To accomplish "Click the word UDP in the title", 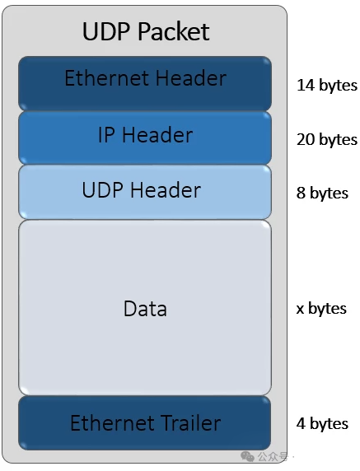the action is pyautogui.click(x=106, y=31).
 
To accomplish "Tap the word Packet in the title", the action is pyautogui.click(x=174, y=31).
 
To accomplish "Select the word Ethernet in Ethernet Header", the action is pyautogui.click(x=106, y=78).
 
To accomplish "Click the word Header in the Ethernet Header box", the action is pyautogui.click(x=191, y=78).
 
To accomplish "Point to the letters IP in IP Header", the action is pyautogui.click(x=106, y=134).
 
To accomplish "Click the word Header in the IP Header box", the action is pyautogui.click(x=157, y=134).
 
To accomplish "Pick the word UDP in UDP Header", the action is pyautogui.click(x=102, y=190).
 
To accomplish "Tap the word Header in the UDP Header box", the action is pyautogui.click(x=166, y=190).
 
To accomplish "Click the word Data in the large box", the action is pyautogui.click(x=145, y=309).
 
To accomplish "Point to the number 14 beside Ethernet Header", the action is pyautogui.click(x=306, y=85).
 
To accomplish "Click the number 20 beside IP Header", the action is pyautogui.click(x=306, y=140).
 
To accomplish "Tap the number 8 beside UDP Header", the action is pyautogui.click(x=302, y=193).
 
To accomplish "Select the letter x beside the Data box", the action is pyautogui.click(x=300, y=309).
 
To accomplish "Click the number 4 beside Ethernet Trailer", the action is pyautogui.click(x=302, y=423).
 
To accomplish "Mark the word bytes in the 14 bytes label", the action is pyautogui.click(x=338, y=86).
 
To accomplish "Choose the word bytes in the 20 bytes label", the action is pyautogui.click(x=338, y=140).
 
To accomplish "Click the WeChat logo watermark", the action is pyautogui.click(x=247, y=456).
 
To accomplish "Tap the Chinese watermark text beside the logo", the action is pyautogui.click(x=272, y=456).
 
